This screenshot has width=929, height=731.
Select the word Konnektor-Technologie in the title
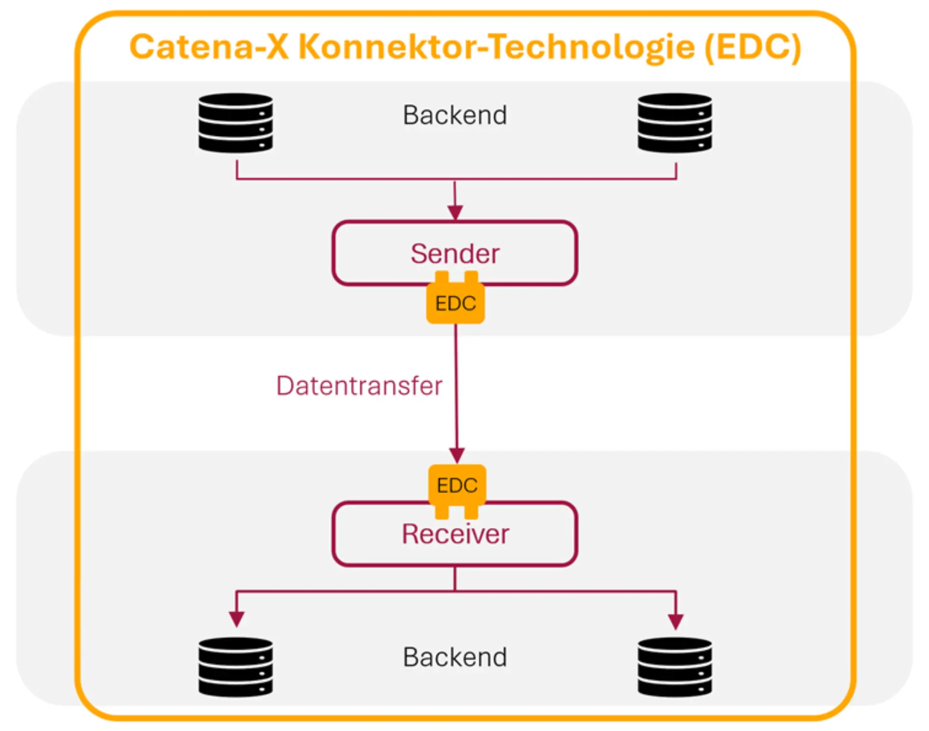(496, 48)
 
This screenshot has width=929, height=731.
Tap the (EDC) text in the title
(752, 47)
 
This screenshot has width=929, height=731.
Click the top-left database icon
(236, 123)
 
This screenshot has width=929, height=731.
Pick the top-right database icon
(674, 123)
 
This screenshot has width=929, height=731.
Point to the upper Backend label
(455, 115)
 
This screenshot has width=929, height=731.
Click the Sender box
(455, 253)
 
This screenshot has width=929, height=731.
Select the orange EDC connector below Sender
(455, 303)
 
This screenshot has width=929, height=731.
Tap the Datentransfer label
(359, 386)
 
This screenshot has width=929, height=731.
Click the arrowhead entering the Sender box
(455, 212)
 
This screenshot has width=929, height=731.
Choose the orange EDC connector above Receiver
(457, 485)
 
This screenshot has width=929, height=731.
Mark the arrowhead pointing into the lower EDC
(457, 455)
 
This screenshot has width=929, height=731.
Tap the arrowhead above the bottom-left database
(236, 618)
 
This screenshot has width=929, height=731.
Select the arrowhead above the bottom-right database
(675, 620)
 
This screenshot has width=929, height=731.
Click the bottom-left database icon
(236, 667)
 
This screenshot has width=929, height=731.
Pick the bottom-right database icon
(674, 667)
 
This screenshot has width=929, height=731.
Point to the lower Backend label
(455, 657)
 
